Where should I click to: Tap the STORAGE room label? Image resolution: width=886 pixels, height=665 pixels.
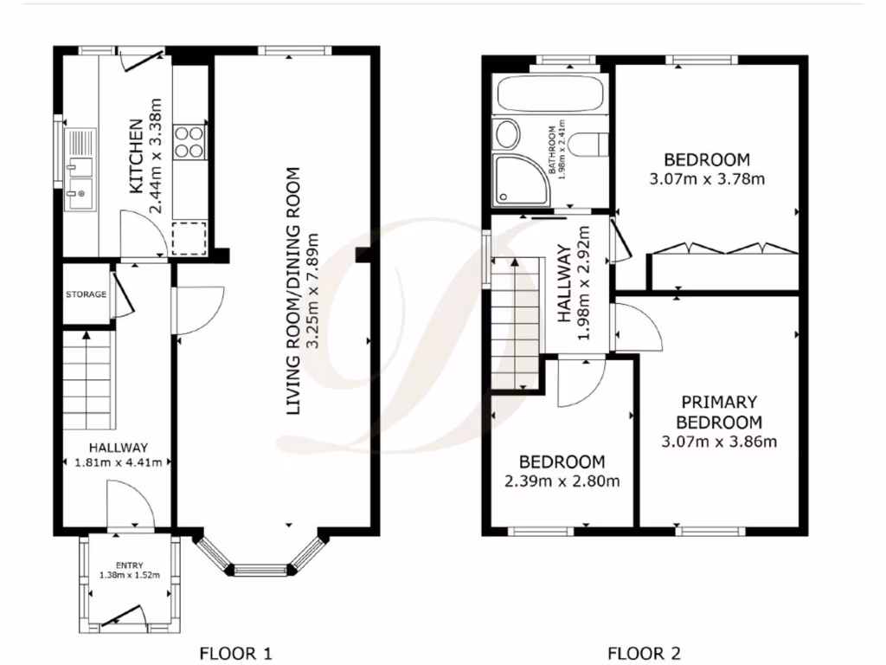click(x=86, y=294)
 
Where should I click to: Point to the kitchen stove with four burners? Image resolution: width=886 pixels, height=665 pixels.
click(x=189, y=143)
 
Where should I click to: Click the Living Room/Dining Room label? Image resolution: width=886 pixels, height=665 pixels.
click(x=295, y=290)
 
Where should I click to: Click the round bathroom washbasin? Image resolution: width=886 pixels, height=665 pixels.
click(x=507, y=134)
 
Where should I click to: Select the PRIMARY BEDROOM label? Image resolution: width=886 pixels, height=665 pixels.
click(x=718, y=412)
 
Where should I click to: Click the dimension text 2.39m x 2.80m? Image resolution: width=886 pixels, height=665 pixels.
click(x=562, y=481)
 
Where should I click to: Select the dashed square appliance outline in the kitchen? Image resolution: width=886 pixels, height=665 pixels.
click(x=189, y=236)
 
